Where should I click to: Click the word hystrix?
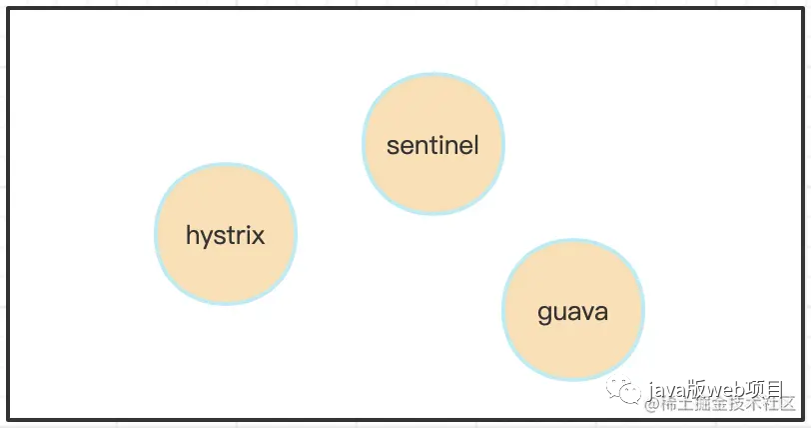tap(226, 236)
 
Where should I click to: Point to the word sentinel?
tap(432, 146)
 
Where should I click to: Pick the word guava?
tap(572, 312)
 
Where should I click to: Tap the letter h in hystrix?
tap(192, 235)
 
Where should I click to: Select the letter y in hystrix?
tap(206, 239)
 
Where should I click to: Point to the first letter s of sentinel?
tap(393, 147)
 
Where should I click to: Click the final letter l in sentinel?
tap(476, 145)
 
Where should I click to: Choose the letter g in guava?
tap(545, 315)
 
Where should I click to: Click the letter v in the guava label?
tap(585, 313)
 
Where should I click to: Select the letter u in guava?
tap(559, 313)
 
